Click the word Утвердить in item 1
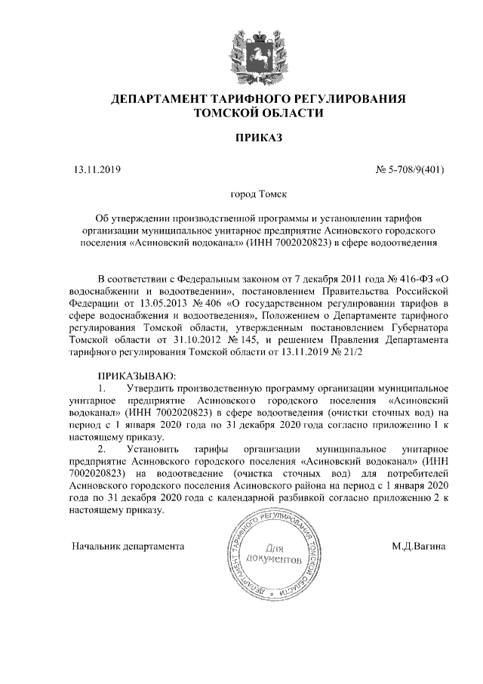[x=166, y=388]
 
